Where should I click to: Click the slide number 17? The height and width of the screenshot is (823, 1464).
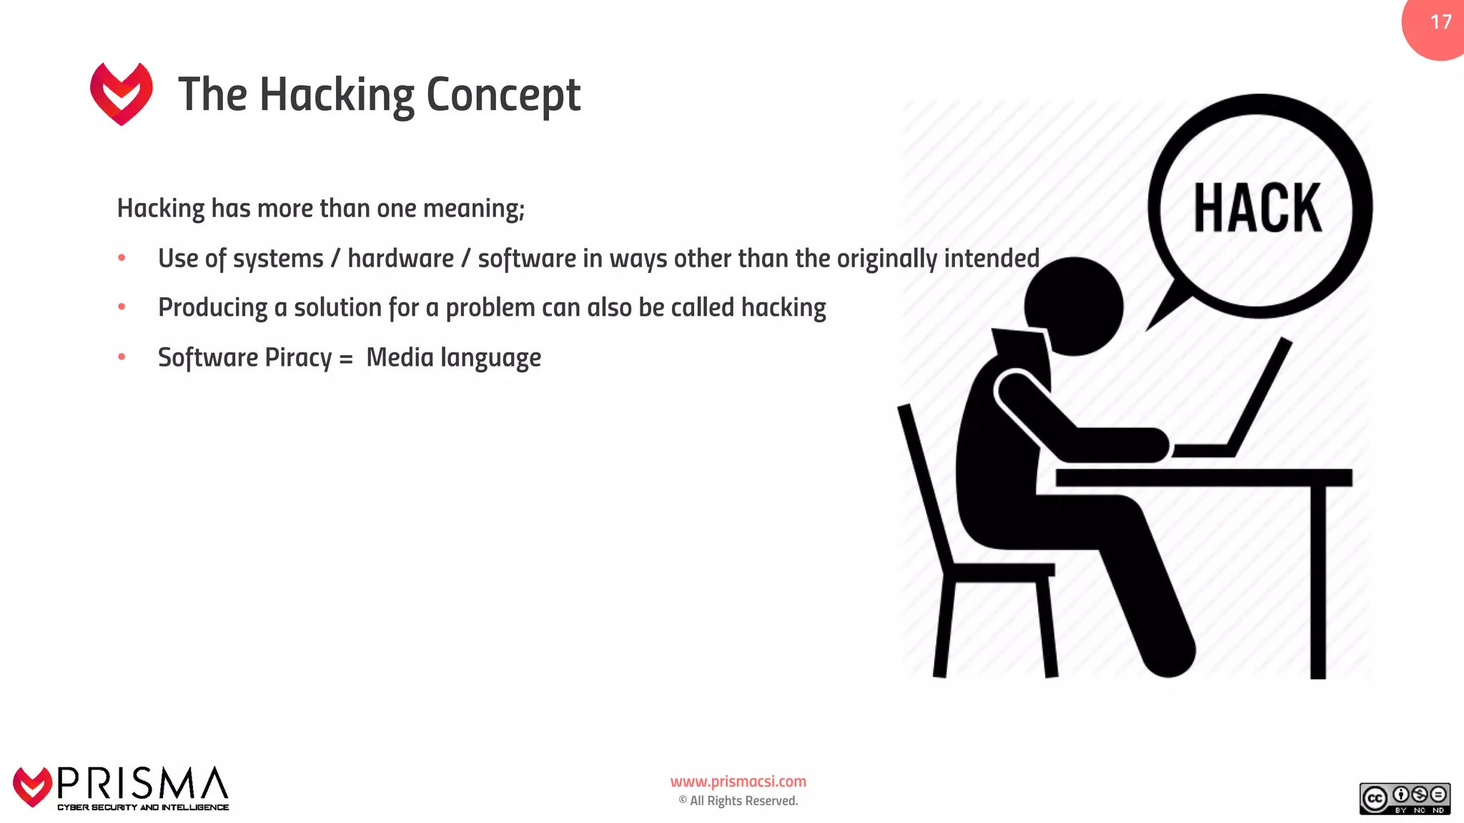click(1440, 22)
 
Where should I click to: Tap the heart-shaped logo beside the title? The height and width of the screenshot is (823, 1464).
click(122, 93)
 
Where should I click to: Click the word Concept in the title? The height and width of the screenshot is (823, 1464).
click(503, 95)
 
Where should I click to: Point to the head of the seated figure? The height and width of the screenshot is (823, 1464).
click(1074, 306)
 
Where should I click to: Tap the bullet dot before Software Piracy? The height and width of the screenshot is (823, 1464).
click(122, 356)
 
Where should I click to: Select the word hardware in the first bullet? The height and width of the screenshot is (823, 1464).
click(400, 259)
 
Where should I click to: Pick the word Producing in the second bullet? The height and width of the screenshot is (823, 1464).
click(213, 308)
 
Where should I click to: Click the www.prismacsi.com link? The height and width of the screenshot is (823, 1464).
click(738, 782)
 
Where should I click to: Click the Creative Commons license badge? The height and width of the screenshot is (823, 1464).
click(1405, 799)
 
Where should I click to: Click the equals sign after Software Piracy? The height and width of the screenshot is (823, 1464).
click(346, 359)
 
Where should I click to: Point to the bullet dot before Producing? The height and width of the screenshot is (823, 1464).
click(122, 307)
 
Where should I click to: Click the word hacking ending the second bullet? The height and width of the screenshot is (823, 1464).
click(783, 308)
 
